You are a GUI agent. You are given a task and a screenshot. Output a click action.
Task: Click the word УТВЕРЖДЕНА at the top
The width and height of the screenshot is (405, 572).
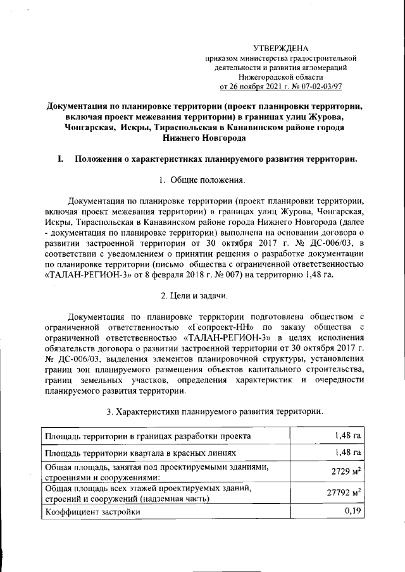point(280,49)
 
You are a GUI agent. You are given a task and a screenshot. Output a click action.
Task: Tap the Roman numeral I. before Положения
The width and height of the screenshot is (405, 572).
point(61,159)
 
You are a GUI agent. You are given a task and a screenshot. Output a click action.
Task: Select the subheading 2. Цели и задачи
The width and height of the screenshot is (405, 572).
point(202,296)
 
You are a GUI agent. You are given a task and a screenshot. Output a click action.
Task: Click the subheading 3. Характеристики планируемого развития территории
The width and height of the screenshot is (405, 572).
point(215,411)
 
